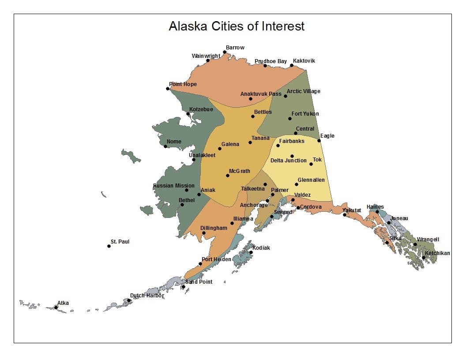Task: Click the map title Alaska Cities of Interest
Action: click(x=237, y=26)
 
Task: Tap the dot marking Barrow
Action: click(x=225, y=52)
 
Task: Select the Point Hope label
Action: click(x=183, y=84)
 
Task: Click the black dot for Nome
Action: click(x=165, y=146)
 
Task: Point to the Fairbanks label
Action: click(x=291, y=141)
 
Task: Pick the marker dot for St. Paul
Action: click(x=109, y=246)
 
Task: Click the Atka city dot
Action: click(x=56, y=307)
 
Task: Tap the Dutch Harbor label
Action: click(x=147, y=296)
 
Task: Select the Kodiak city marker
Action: click(x=251, y=252)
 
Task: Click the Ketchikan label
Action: click(x=437, y=253)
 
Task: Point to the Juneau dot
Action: click(x=389, y=223)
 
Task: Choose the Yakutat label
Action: click(x=352, y=210)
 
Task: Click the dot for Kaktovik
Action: click(x=292, y=65)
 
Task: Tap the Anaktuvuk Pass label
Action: click(x=260, y=94)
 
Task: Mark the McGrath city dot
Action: click(x=228, y=176)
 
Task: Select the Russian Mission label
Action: click(x=173, y=186)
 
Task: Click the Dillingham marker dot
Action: click(x=203, y=233)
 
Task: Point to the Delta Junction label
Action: click(x=288, y=161)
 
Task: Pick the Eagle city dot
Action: click(x=319, y=141)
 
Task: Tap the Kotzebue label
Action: click(x=201, y=109)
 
